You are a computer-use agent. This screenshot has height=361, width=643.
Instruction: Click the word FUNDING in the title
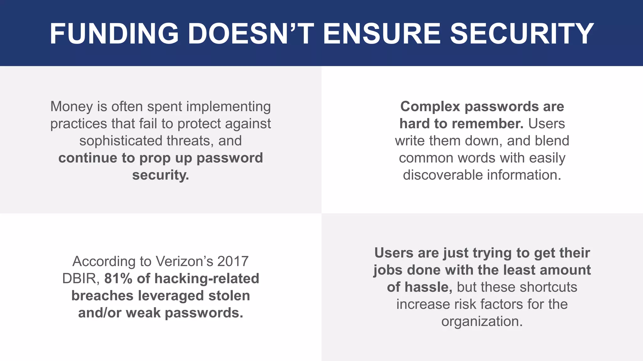click(114, 34)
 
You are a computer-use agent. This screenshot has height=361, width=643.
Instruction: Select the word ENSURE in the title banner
click(382, 34)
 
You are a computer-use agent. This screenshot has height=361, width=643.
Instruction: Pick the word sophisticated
click(121, 141)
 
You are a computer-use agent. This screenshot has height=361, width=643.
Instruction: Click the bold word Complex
click(430, 107)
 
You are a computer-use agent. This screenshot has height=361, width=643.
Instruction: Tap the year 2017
click(233, 261)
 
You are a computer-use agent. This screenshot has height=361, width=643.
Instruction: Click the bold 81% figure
click(118, 279)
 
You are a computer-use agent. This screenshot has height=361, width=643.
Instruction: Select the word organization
click(482, 322)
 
